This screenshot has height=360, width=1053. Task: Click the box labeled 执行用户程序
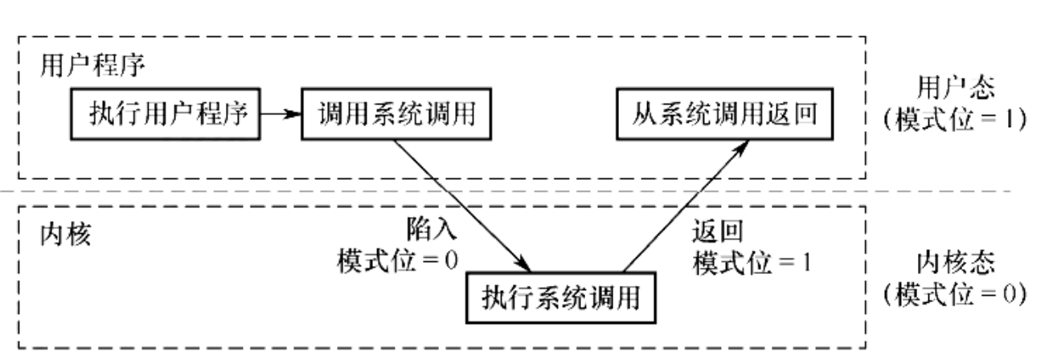pos(166,114)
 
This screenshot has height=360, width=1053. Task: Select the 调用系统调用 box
pos(397,114)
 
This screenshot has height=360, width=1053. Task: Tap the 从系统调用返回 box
pos(722,114)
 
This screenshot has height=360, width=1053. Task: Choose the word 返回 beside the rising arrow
pos(717,231)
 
